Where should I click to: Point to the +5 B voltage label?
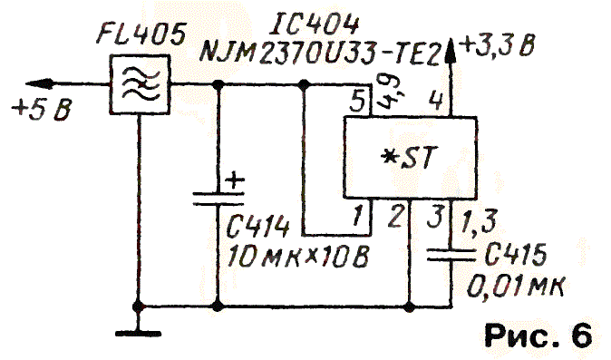point(42,109)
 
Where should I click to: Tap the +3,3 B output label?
point(498,44)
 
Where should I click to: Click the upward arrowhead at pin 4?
point(451,51)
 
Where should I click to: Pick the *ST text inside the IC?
point(409,158)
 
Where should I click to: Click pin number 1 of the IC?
point(357,216)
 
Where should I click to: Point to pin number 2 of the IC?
point(394,217)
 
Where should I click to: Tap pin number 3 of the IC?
point(435,217)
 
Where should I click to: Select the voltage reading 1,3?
point(479,221)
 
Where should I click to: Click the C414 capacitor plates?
point(218,199)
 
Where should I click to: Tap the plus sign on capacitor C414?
point(235,180)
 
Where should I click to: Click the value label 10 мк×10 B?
point(297,257)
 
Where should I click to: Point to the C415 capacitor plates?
point(451,255)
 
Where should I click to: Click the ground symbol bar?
point(138,334)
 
